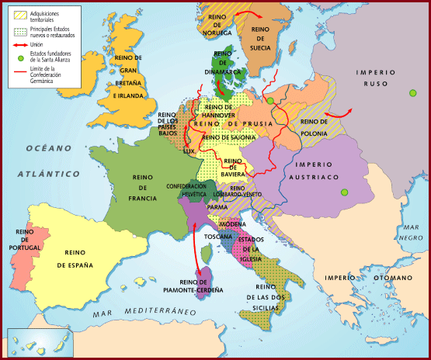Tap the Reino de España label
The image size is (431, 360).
tap(79, 259)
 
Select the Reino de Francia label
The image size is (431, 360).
tap(144, 187)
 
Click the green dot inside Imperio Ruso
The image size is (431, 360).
tap(412, 94)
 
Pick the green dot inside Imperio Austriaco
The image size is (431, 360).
tap(339, 192)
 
